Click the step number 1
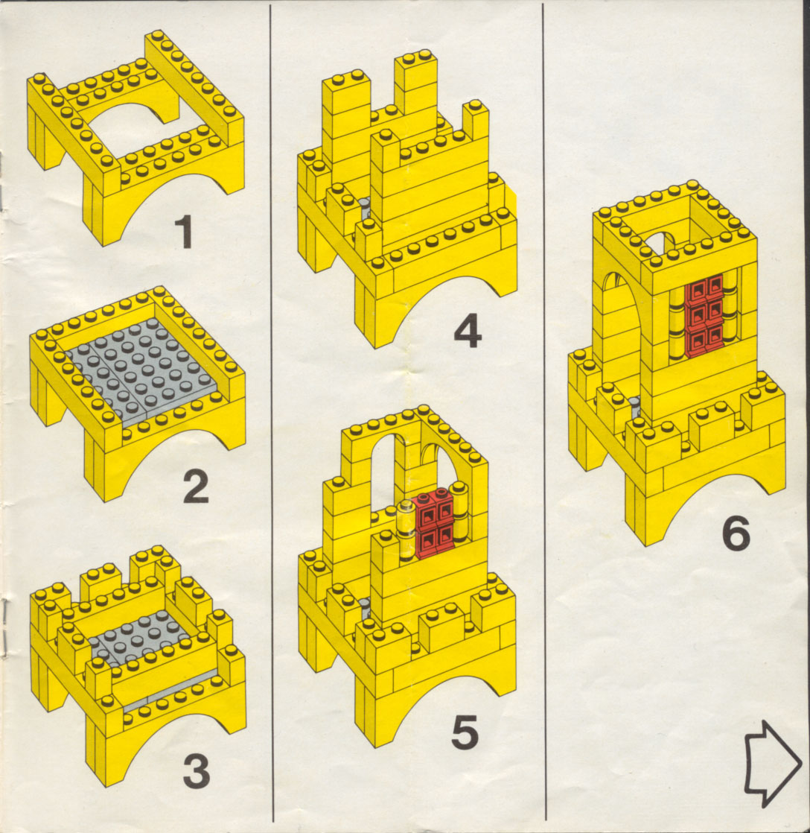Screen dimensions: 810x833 coord(184,231)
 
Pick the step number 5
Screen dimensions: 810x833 coord(465,732)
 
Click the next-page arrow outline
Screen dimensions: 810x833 coord(772,764)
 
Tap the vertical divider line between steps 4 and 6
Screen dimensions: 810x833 coord(544,412)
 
